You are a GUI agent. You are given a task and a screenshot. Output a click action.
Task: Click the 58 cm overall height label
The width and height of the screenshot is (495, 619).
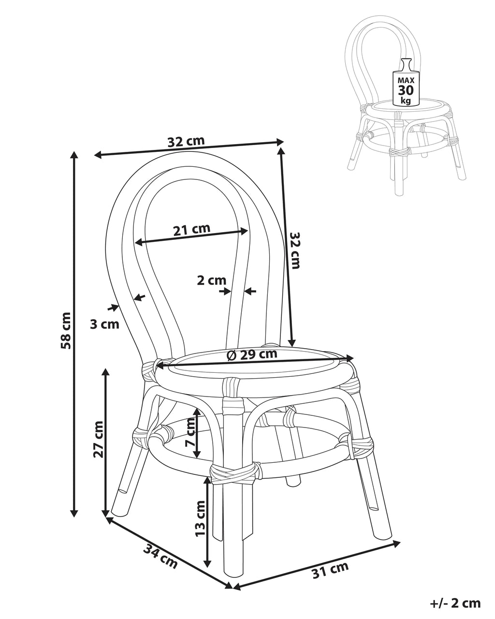(x=66, y=330)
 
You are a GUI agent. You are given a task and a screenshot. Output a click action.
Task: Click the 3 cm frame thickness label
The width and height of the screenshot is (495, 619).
(x=104, y=324)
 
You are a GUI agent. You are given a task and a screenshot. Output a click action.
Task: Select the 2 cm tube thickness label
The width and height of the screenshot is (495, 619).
(x=211, y=280)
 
